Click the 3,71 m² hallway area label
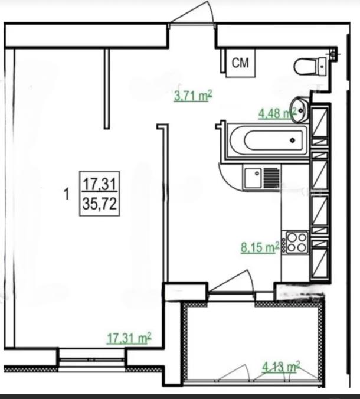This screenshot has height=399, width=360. coord(193,96)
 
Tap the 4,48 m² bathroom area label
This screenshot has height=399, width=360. coord(277,113)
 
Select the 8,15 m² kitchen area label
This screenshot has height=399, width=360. coord(260,247)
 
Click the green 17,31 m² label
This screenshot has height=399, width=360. coord(129,338)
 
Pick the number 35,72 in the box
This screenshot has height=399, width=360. coord(100,204)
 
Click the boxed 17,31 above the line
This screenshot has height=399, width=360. coord(100,184)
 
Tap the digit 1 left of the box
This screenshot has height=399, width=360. coord(67,194)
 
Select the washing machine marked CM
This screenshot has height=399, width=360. coord(240,63)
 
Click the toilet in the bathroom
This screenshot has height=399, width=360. coord(310,67)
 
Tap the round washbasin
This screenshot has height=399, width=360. coord(300,110)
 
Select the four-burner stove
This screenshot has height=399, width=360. coord(297,243)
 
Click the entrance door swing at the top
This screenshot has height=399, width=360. coord(191,12)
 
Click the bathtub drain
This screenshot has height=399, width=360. coord(293,140)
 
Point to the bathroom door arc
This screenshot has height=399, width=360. coord(228,177)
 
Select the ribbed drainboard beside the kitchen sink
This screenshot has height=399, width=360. coord(271,178)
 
